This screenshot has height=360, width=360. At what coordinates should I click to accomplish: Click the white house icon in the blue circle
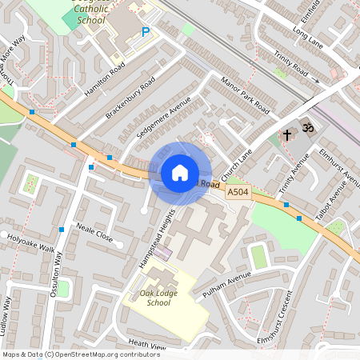tap(179, 173)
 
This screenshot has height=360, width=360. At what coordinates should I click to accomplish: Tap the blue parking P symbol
tap(145, 32)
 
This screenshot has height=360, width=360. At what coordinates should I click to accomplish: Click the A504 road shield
tap(237, 193)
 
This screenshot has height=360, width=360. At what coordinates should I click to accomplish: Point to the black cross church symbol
tap(287, 134)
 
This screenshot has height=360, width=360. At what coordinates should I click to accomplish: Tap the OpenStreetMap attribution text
tap(70, 354)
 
